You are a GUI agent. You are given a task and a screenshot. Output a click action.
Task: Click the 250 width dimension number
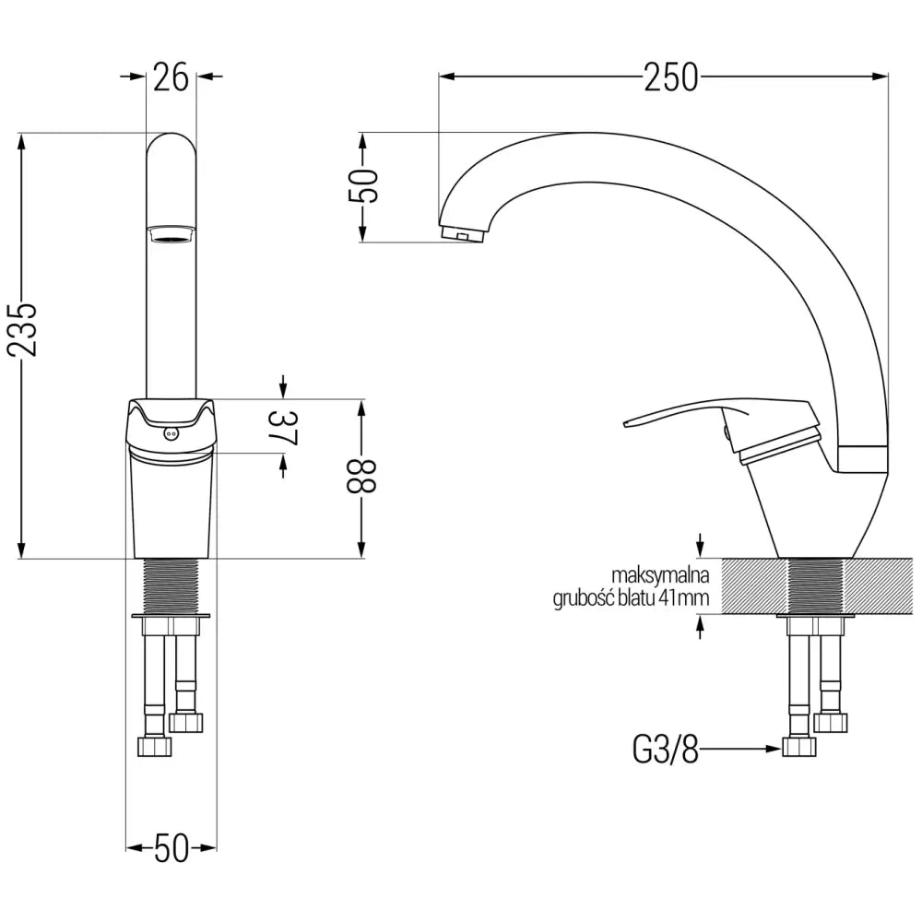point(671,78)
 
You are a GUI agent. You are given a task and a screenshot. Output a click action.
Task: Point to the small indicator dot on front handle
point(170,432)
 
